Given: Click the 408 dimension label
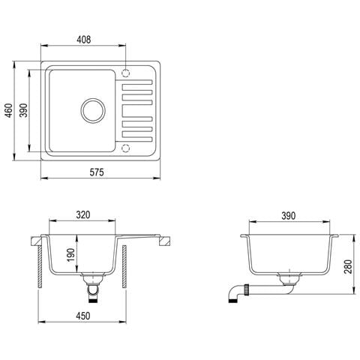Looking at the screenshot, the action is (x=84, y=40).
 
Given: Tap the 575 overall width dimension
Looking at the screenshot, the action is (x=97, y=172).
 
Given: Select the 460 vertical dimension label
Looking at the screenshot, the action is (x=9, y=110).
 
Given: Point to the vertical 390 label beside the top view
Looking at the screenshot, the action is (x=24, y=110).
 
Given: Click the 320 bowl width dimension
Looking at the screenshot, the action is (x=83, y=215).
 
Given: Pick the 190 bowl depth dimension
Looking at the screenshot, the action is (x=71, y=255).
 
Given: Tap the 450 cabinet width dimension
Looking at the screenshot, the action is (x=82, y=316).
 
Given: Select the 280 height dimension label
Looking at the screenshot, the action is (x=348, y=267).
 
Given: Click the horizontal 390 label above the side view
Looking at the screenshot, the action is (x=289, y=216).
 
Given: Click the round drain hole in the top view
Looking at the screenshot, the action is (x=93, y=110).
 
